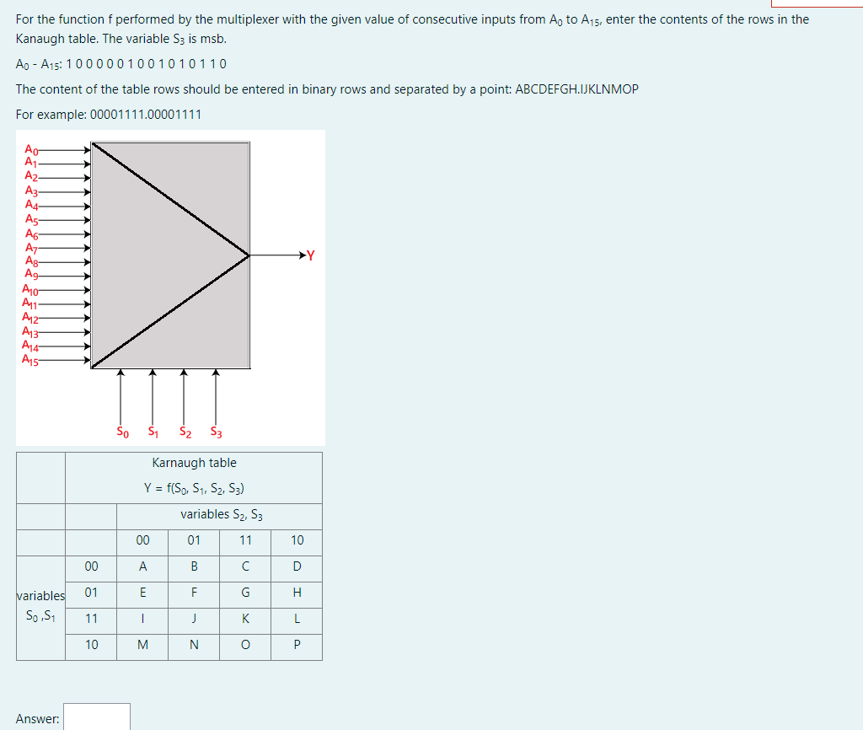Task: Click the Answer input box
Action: tap(97, 717)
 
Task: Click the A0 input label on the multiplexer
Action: tap(31, 148)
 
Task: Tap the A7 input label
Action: tap(31, 248)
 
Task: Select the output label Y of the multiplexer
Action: tap(310, 255)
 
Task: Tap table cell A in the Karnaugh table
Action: tap(142, 566)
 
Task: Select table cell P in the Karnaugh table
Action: tap(297, 645)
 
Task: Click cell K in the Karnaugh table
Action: tap(245, 618)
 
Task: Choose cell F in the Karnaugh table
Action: tap(194, 592)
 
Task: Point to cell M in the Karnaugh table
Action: tap(142, 645)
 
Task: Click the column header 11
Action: tap(245, 540)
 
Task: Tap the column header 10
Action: tap(297, 540)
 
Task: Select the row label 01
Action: tap(91, 592)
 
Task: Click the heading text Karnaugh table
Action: tap(194, 463)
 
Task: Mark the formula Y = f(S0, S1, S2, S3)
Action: tap(194, 488)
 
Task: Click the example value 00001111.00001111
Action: tap(145, 114)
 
